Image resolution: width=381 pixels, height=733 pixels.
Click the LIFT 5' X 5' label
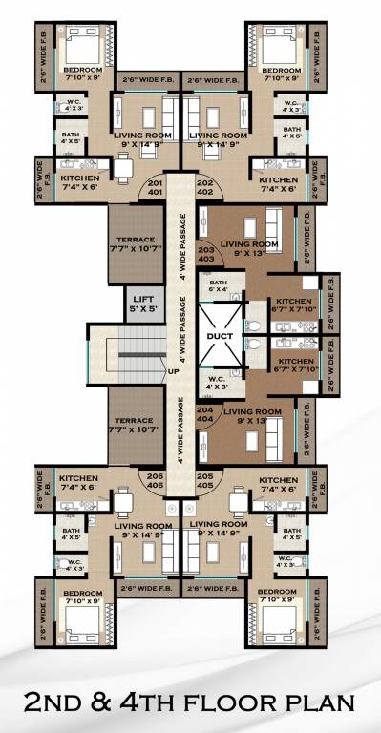point(141,303)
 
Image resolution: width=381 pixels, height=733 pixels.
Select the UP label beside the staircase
point(174,370)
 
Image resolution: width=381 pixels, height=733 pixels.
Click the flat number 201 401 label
point(155,186)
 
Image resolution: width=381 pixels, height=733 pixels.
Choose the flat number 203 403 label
point(205,255)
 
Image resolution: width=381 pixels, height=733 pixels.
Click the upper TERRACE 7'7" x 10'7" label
point(135,246)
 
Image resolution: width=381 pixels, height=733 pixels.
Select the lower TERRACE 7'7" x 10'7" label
point(135,425)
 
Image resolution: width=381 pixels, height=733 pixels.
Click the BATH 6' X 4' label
point(219,286)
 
